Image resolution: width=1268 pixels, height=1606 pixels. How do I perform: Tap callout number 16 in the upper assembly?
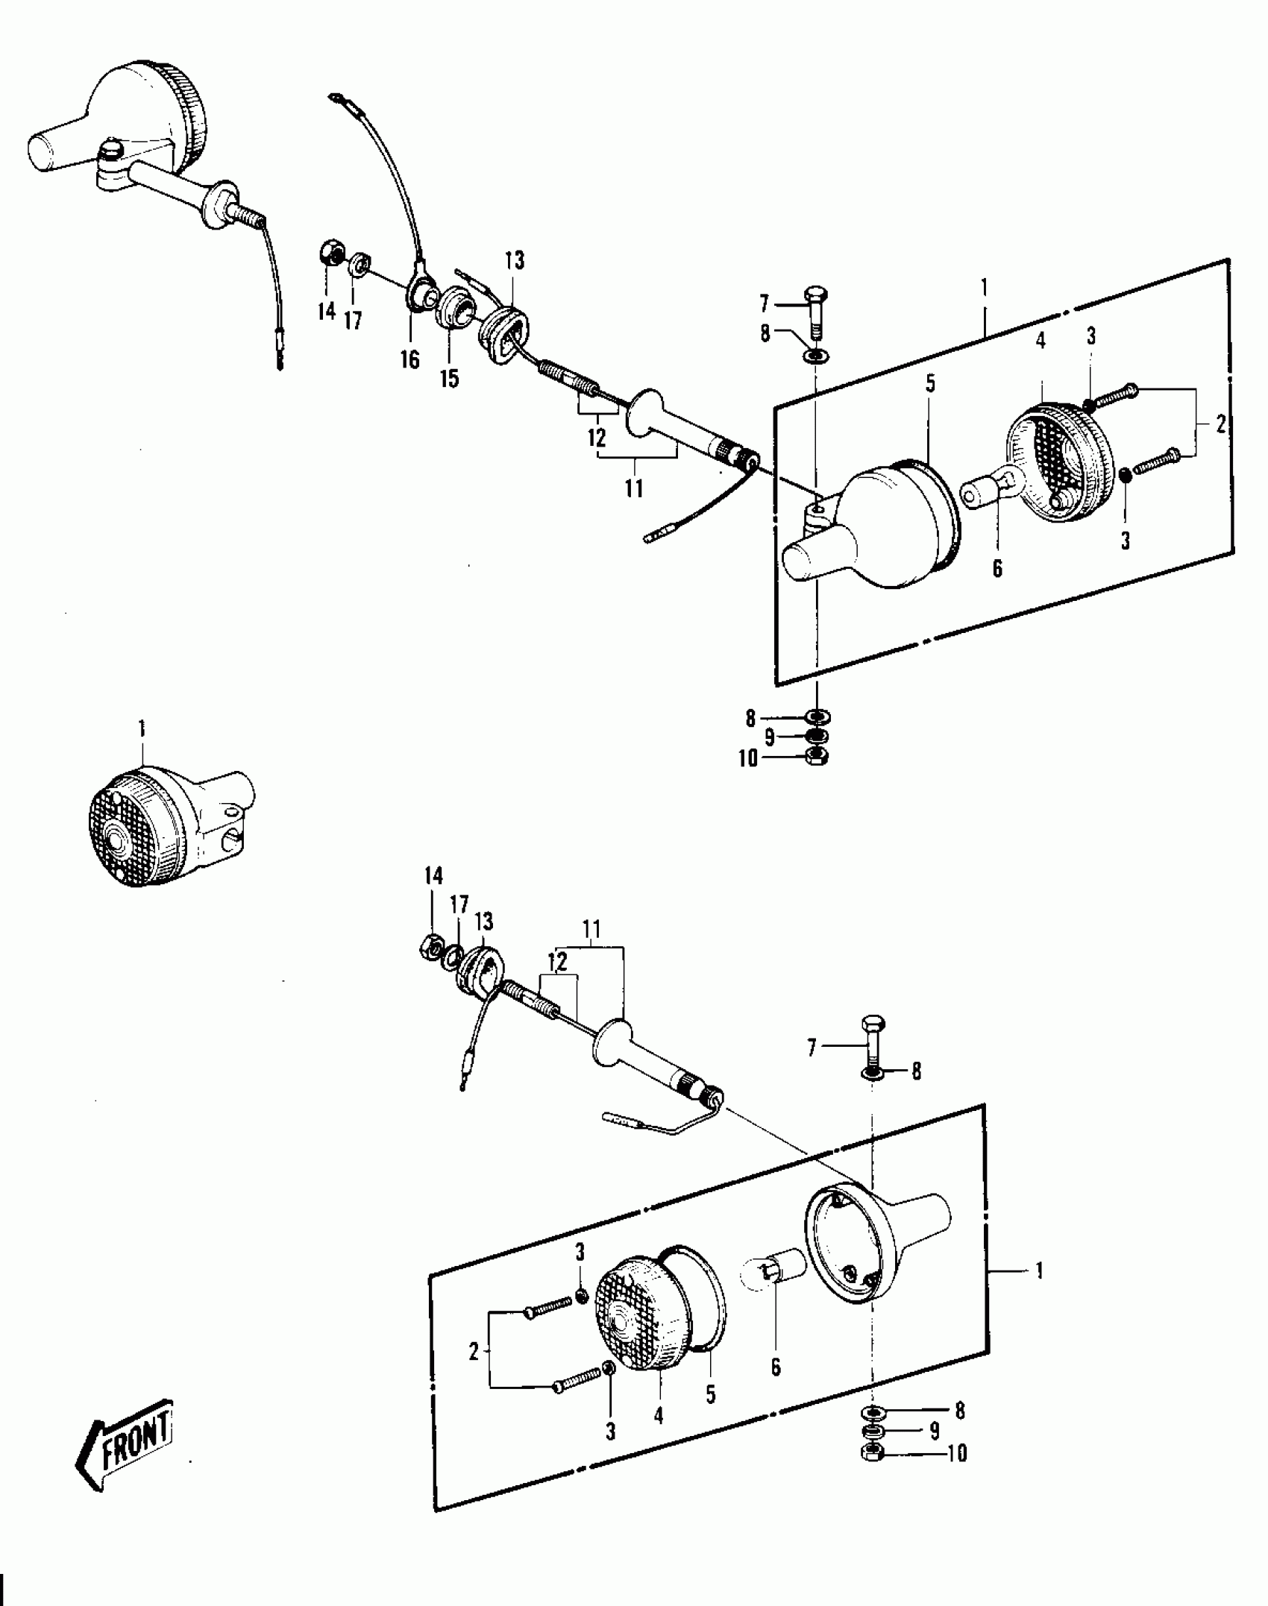tap(409, 359)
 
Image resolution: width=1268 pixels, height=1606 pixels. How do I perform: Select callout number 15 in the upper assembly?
tap(449, 378)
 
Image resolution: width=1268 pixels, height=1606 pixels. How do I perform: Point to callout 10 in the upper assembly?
tap(748, 758)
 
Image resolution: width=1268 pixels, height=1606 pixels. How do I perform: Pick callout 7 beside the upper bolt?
tap(764, 303)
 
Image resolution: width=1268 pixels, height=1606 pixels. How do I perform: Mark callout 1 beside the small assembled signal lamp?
tap(142, 728)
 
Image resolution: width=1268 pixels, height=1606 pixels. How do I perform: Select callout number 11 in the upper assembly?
tap(634, 488)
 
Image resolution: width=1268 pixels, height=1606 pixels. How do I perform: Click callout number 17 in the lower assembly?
tap(459, 905)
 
